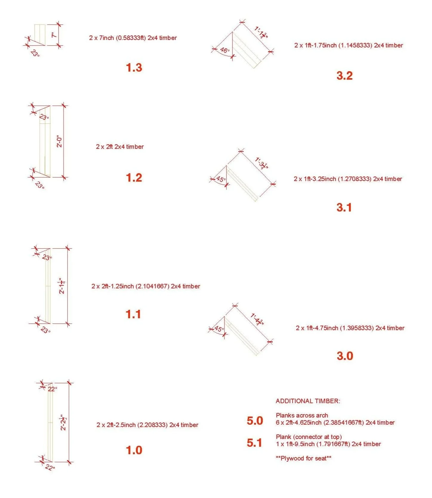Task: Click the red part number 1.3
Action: tap(134, 68)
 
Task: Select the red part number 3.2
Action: tap(345, 75)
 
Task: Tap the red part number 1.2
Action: tap(134, 178)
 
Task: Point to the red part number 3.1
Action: tap(344, 207)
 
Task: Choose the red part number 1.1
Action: tap(133, 314)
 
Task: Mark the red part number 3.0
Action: tap(345, 356)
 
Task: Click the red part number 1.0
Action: tap(134, 450)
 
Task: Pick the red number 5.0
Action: tap(255, 421)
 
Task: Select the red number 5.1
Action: tap(254, 443)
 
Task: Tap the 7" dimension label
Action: tap(54, 35)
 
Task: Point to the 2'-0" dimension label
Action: tap(60, 142)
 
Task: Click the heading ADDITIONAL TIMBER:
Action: tap(308, 401)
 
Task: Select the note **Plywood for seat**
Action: tap(303, 458)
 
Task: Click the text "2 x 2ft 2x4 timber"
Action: tap(120, 147)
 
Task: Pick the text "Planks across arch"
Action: tap(302, 415)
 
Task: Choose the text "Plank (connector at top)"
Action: tap(309, 437)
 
